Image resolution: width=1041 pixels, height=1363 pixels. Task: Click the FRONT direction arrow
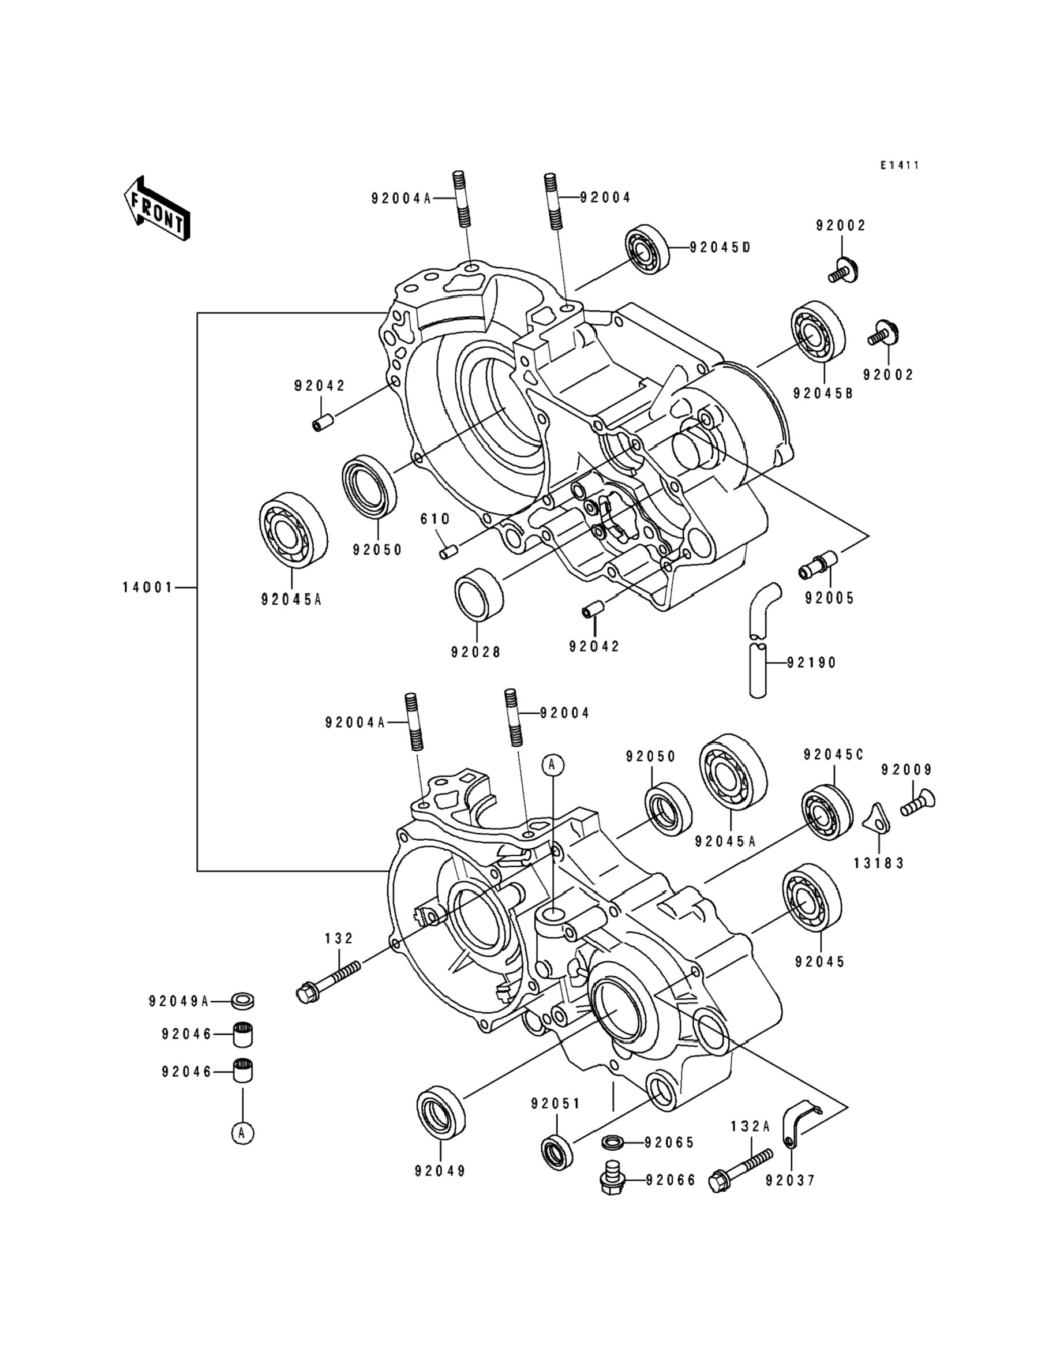click(x=157, y=209)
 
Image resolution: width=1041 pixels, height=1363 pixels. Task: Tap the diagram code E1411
click(x=900, y=166)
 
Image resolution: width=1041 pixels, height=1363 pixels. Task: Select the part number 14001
click(x=148, y=587)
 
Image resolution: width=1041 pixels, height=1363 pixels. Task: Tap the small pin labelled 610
click(x=448, y=551)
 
